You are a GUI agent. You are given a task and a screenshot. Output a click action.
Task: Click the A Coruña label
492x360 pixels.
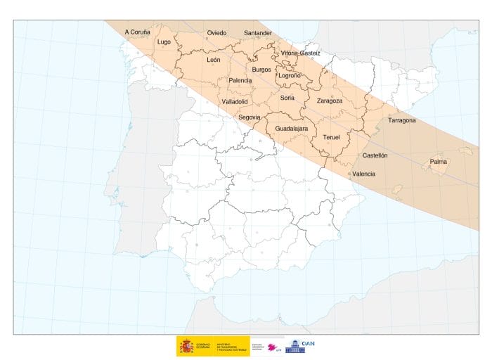138,32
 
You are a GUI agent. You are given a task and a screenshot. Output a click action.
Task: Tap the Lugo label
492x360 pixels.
164,41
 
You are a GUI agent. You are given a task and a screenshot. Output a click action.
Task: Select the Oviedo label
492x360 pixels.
216,33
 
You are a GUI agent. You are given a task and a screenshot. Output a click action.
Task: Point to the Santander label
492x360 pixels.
258,33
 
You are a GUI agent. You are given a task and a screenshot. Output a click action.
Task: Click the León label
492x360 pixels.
214,60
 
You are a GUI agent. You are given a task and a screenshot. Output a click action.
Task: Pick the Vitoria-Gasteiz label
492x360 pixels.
300,53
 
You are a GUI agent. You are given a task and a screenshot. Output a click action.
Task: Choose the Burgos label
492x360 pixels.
261,70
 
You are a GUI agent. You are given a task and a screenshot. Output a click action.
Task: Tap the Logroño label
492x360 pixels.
290,75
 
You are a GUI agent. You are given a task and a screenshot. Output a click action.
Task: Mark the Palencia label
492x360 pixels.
240,81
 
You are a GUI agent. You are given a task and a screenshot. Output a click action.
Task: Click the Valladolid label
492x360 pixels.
235,101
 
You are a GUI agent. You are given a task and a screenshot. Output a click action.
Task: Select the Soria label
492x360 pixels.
287,98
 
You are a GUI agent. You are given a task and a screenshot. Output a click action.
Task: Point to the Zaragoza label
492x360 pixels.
330,101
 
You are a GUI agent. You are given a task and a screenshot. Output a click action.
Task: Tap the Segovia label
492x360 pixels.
250,117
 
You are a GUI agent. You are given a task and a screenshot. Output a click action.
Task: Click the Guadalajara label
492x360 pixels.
291,129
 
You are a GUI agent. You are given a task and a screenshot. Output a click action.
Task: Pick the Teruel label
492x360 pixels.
331,136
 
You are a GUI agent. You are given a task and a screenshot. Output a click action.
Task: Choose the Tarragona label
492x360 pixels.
401,120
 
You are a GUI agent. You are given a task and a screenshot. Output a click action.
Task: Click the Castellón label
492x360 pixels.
375,155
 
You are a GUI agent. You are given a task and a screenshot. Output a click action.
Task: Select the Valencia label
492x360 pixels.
363,174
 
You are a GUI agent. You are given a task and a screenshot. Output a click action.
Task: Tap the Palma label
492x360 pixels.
439,162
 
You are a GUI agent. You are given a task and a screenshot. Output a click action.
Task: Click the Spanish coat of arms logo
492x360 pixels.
187,345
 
